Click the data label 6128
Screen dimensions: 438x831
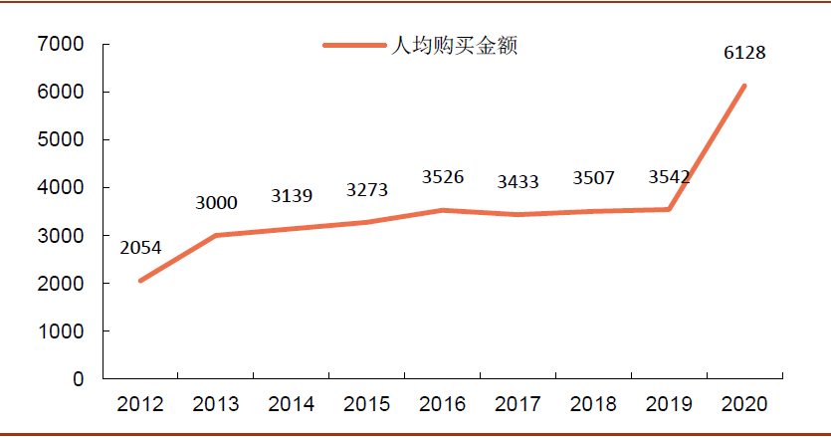tap(744, 53)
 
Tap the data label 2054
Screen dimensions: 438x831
tap(140, 247)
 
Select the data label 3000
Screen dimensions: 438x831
tap(216, 203)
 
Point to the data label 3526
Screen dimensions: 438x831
tap(443, 177)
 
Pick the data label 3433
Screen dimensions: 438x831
tap(519, 181)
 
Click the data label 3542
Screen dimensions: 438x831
tap(669, 178)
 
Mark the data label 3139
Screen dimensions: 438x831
tap(292, 196)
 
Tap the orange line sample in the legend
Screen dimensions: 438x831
tap(353, 46)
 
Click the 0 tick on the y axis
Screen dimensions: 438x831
tap(79, 379)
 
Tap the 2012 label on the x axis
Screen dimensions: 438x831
tap(140, 403)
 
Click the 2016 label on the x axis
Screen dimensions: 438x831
tap(443, 403)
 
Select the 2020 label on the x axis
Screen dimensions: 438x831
tap(744, 403)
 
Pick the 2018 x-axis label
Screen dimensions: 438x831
tap(594, 403)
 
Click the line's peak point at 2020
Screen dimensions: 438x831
tap(744, 87)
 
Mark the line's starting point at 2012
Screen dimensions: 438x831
tap(140, 281)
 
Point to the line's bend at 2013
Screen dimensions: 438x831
tap(216, 236)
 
